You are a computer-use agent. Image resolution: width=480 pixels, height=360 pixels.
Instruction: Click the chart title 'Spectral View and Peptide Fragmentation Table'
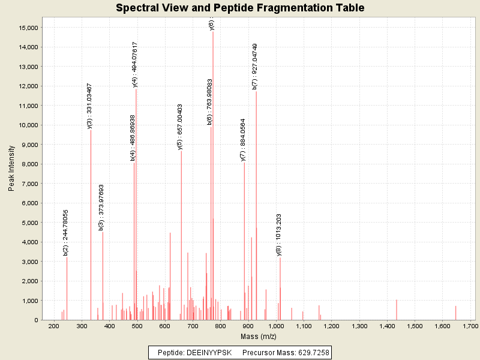tap(240, 8)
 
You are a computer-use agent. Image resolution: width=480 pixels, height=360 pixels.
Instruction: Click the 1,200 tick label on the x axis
tap(332, 326)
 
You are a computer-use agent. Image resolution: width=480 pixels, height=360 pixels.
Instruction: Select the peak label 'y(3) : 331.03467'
tap(90, 106)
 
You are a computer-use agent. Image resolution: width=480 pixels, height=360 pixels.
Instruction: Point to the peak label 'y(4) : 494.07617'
tap(135, 65)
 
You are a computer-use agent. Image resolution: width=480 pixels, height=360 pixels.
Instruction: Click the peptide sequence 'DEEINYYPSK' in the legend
tap(209, 352)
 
